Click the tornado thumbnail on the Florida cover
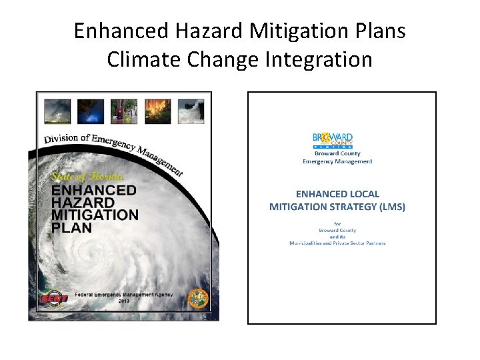click(x=57, y=111)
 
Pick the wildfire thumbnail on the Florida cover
click(x=157, y=111)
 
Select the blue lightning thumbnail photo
click(x=91, y=111)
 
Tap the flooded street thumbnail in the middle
click(x=124, y=111)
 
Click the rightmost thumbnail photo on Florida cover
click(x=191, y=111)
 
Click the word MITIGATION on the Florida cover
click(x=95, y=215)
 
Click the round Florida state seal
click(x=197, y=298)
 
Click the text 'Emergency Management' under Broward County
click(x=337, y=161)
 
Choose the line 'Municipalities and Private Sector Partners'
click(x=337, y=243)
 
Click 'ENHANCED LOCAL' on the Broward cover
click(x=337, y=194)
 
